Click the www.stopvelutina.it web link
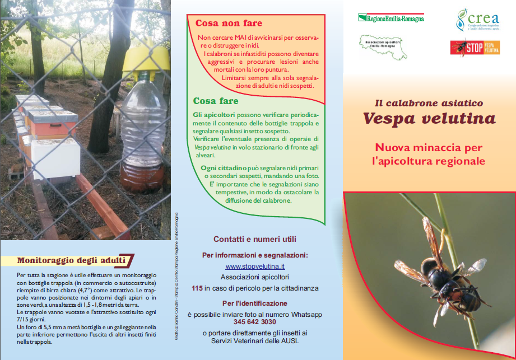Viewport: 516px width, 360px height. [255, 267]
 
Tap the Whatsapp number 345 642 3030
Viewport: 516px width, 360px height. [255, 322]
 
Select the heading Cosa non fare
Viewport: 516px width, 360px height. [229, 24]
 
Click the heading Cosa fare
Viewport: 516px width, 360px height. [216, 101]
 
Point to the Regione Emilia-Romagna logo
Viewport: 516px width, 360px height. [391, 17]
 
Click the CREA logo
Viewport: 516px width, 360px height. [477, 20]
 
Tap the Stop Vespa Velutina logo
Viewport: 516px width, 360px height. [475, 47]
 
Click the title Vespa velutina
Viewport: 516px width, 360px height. [429, 119]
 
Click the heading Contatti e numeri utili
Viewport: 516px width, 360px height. [255, 239]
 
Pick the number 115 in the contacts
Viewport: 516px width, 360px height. [197, 288]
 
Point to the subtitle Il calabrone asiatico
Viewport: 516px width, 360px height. [429, 103]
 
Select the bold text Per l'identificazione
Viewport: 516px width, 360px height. [255, 303]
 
